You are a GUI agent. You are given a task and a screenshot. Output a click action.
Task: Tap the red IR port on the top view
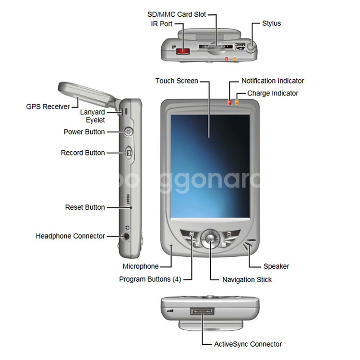pos(183,49)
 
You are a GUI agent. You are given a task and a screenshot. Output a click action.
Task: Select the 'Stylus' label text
pos(271,23)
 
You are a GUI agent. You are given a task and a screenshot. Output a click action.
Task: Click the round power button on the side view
pos(128,132)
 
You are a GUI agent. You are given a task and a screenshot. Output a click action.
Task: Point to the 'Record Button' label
pos(83,153)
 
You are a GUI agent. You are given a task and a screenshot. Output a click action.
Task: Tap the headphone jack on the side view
pos(127,236)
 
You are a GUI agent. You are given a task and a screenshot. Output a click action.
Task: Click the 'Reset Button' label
pos(84,207)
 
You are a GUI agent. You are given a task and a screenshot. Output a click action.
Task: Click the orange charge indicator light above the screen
pos(237,102)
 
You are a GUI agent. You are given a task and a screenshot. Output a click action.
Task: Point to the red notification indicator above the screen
pos(229,102)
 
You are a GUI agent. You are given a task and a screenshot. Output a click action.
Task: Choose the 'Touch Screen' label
pos(177,81)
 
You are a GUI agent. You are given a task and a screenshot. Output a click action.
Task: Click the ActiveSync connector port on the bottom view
pos(202,312)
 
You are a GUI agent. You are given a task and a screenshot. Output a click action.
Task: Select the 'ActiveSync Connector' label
pos(248,344)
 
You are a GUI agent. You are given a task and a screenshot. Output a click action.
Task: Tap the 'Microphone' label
pos(141,266)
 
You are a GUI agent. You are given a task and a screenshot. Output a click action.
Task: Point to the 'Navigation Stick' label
pos(247,279)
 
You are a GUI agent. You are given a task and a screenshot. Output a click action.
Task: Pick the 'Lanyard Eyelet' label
pos(92,116)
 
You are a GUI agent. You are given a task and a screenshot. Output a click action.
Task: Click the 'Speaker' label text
pos(276,266)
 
